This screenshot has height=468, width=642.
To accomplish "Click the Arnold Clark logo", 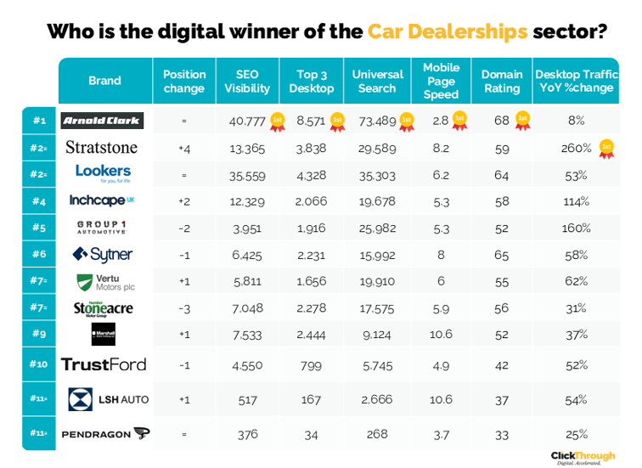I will click(103, 121).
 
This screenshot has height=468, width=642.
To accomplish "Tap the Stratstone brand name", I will click(101, 148).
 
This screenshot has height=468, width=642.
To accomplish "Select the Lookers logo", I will click(103, 173).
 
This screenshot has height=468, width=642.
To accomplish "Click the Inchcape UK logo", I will click(102, 200).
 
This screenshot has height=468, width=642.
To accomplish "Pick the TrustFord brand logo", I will click(104, 364).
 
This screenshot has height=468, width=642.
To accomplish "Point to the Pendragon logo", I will click(105, 434).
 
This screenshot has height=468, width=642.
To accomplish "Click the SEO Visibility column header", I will click(247, 82).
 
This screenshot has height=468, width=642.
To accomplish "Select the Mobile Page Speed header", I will click(441, 81).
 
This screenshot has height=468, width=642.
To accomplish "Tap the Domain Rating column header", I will click(501, 82).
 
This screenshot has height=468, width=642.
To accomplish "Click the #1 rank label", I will click(39, 121).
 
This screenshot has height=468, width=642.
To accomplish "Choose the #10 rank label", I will click(39, 364).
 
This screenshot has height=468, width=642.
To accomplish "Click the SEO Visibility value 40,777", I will click(247, 121).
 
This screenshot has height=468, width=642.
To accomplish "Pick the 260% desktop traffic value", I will click(577, 148).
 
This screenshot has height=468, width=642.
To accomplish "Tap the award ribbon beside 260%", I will click(605, 148).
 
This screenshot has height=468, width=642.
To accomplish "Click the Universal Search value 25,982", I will click(377, 228).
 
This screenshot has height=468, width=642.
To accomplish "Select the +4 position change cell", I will click(183, 148).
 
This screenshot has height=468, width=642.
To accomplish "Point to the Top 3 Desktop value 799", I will click(312, 364).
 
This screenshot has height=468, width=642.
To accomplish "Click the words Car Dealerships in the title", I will click(447, 32).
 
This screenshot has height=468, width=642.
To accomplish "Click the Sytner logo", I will click(103, 254).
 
